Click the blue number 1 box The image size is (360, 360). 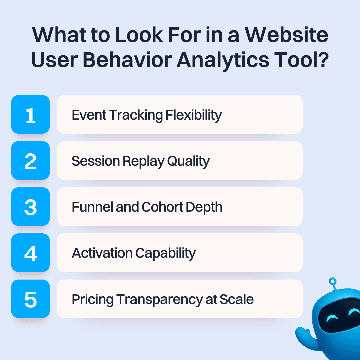[x=30, y=114]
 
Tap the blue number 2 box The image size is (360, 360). [x=30, y=160]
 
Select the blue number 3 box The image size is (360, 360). [x=30, y=206]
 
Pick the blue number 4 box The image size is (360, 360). [x=30, y=252]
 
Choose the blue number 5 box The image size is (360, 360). [x=30, y=298]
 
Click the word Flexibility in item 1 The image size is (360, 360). [x=194, y=115]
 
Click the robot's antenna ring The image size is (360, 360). [x=332, y=282]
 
